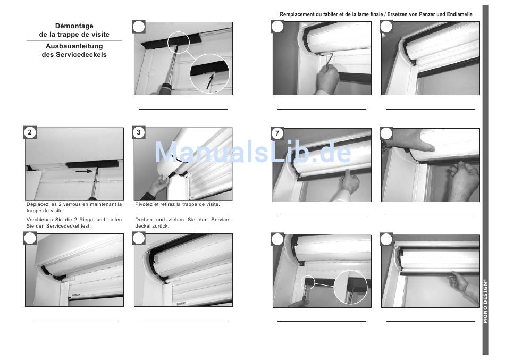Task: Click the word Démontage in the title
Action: coord(74,26)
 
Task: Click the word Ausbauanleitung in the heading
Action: coord(74,46)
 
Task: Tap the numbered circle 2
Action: coord(30,132)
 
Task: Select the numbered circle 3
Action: coord(139,132)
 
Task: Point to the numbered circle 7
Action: coord(277,133)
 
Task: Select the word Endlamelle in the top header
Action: coord(460,14)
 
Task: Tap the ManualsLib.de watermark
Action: coord(253,152)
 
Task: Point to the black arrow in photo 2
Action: coord(84,171)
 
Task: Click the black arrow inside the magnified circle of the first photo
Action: coord(210,81)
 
